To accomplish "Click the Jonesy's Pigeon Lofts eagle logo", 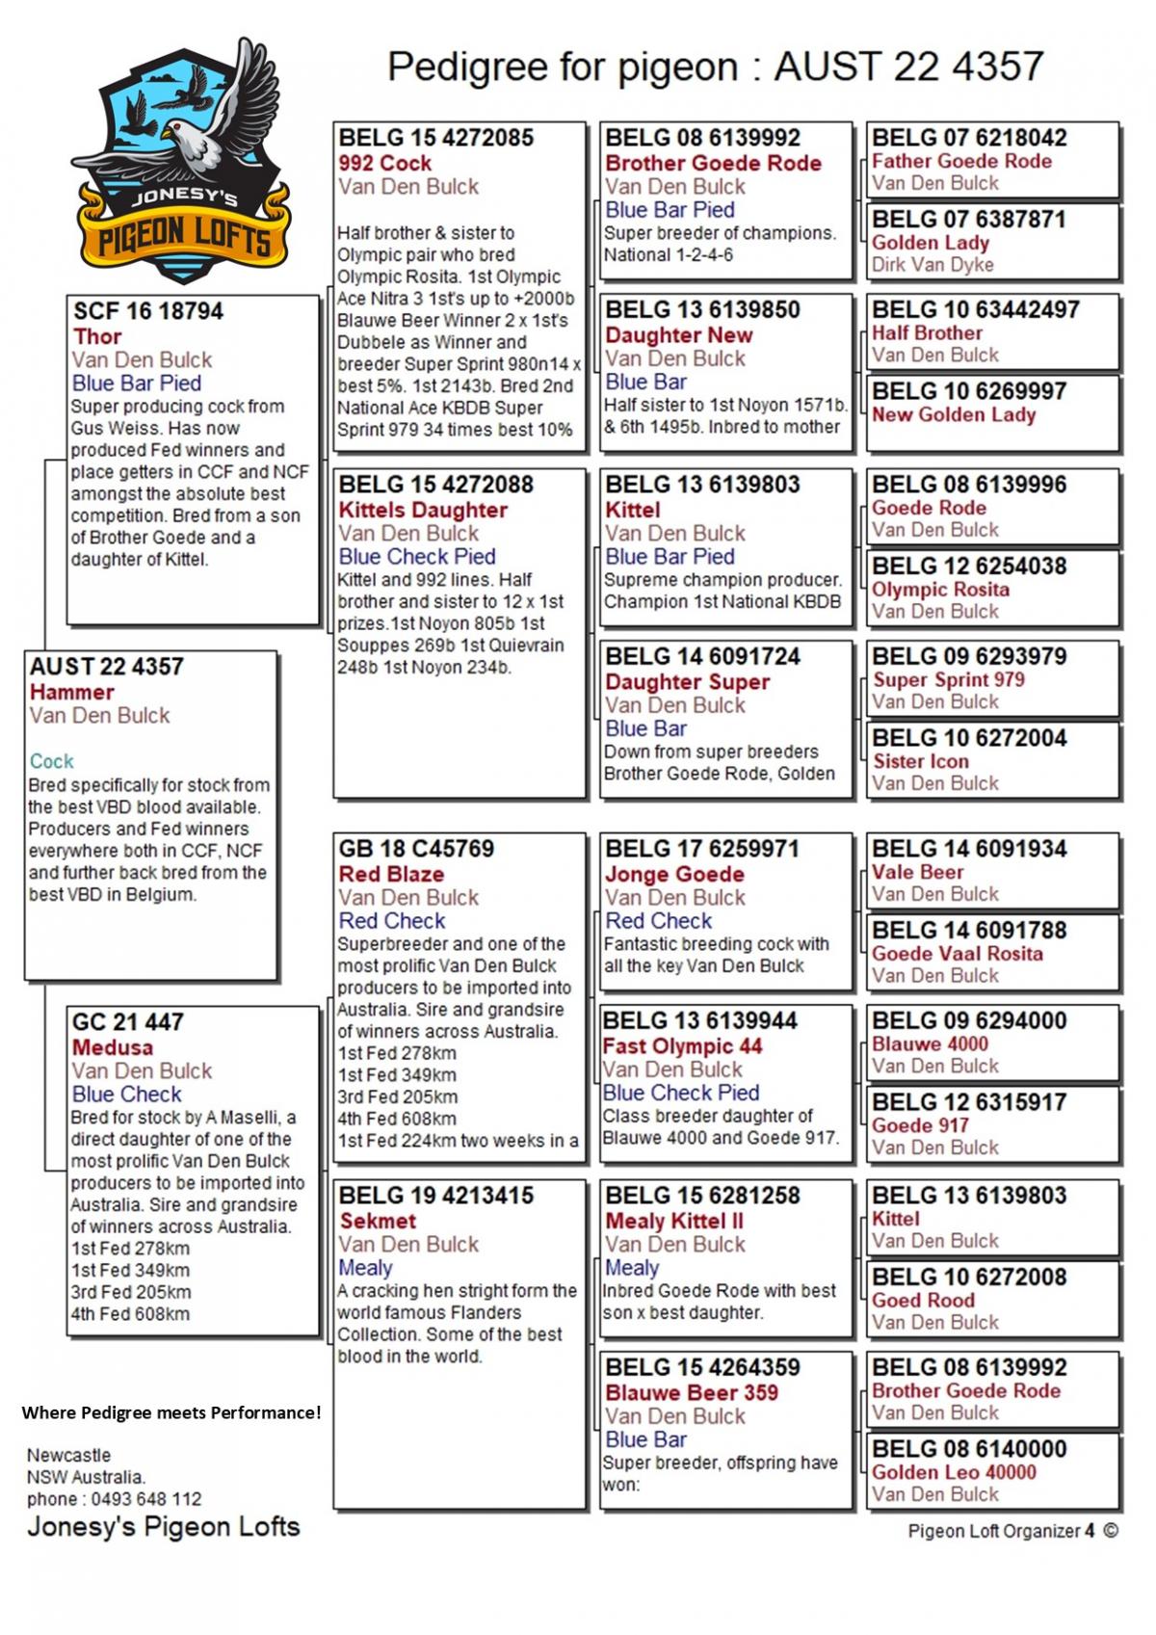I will pos(181,162).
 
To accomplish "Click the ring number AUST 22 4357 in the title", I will pos(908,67).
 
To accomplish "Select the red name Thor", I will pos(97,336).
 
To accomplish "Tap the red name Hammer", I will pos(71,692).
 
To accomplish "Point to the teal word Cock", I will pos(51,761).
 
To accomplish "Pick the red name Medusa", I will pos(112,1047).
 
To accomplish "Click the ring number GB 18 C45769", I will pos(416,849).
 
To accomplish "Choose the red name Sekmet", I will pos(378,1221).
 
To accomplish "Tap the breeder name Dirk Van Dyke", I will pos(933,265).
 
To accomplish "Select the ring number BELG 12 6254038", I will pos(969,566).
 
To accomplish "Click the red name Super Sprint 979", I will pos(948,680).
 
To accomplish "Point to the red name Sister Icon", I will pos(920,761).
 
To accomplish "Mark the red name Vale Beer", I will pos(917,872).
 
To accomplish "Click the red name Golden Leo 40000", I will pos(954,1472).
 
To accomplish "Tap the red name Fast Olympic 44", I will pos(682,1046).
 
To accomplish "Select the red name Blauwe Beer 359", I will pos(692,1392).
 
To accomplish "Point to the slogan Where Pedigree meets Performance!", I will pos(171,1412).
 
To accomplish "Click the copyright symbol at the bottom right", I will pos(1111,1531).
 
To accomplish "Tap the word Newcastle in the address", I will pos(68,1455).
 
